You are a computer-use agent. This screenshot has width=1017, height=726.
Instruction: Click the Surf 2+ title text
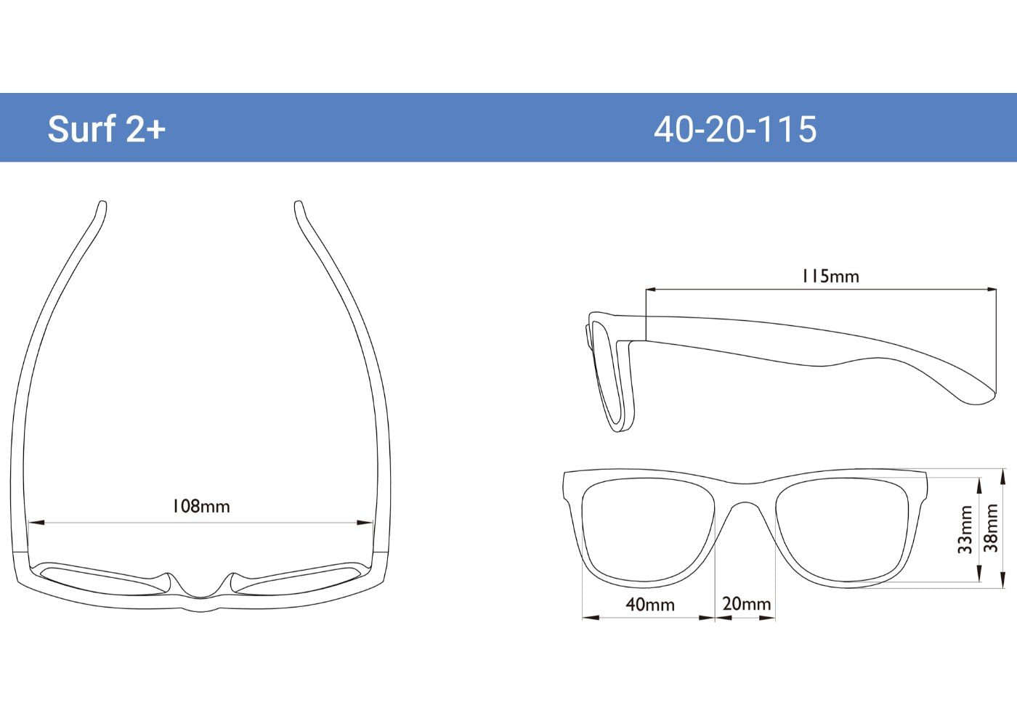pyautogui.click(x=107, y=129)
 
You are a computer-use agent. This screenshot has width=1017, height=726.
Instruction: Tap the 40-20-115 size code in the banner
pyautogui.click(x=735, y=129)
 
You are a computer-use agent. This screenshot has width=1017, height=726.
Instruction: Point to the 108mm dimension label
pyautogui.click(x=200, y=506)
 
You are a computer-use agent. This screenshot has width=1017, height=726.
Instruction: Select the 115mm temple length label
pyautogui.click(x=830, y=276)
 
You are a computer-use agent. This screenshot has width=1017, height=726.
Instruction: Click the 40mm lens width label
pyautogui.click(x=650, y=604)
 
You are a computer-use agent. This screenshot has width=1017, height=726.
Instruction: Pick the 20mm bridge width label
pyautogui.click(x=746, y=603)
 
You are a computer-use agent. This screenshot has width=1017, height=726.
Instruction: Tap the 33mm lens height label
pyautogui.click(x=965, y=530)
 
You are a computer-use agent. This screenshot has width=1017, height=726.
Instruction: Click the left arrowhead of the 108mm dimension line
pyautogui.click(x=33, y=523)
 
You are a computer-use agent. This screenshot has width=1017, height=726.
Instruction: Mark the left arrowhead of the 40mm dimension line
pyautogui.click(x=587, y=618)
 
